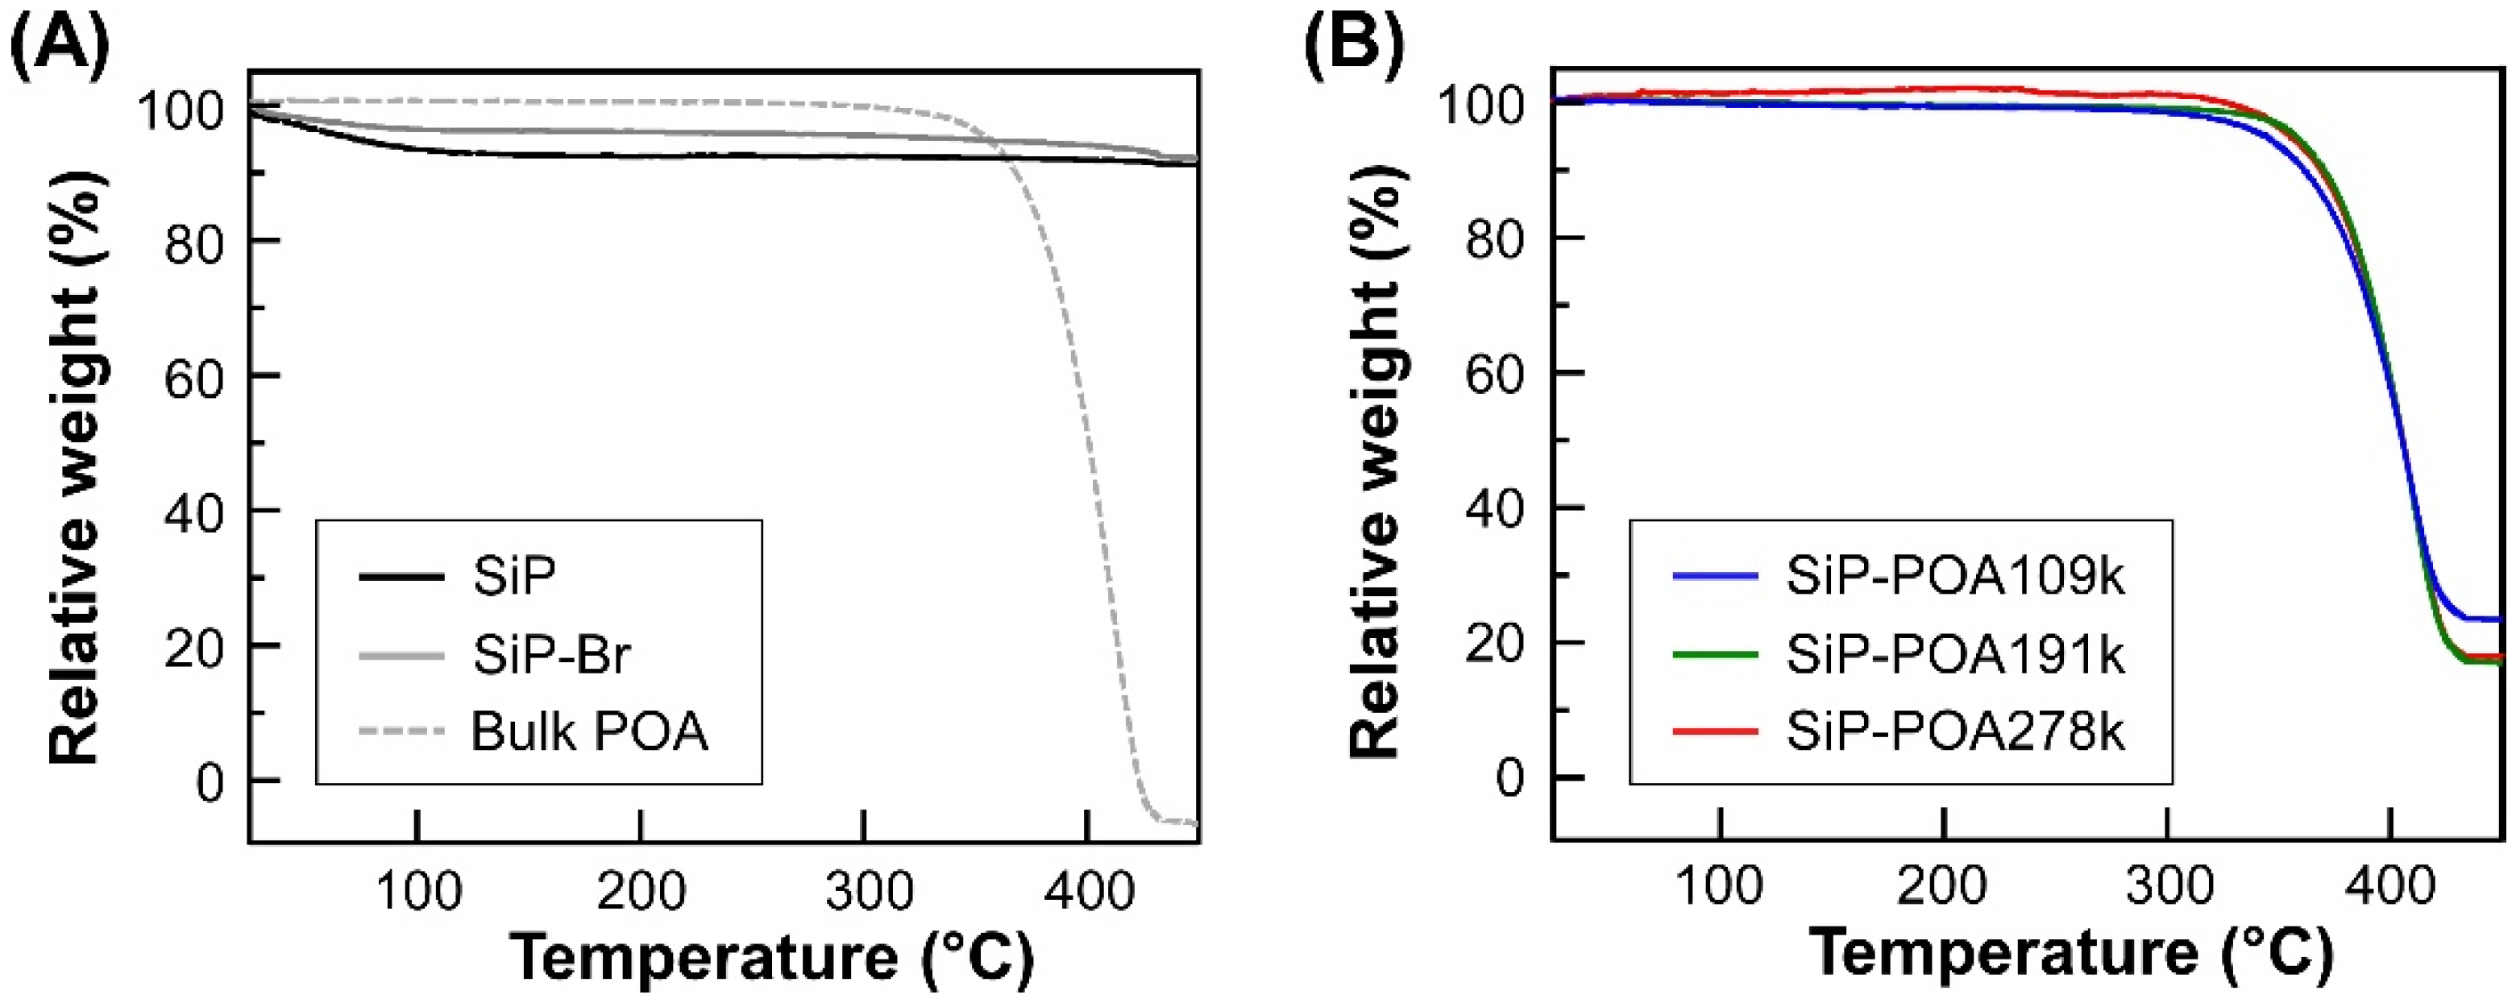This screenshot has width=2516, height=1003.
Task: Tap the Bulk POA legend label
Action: [x=589, y=731]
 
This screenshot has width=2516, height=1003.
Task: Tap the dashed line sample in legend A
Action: [x=402, y=731]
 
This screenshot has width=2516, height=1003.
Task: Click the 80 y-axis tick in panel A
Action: [x=194, y=240]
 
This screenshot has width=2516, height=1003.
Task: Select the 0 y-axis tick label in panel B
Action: [x=1509, y=778]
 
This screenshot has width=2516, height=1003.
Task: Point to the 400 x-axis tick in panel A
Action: [x=1086, y=891]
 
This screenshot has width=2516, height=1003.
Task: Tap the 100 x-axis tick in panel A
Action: [x=418, y=891]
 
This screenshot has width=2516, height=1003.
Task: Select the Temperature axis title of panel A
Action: [x=771, y=957]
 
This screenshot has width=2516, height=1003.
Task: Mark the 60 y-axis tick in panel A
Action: [x=194, y=376]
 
